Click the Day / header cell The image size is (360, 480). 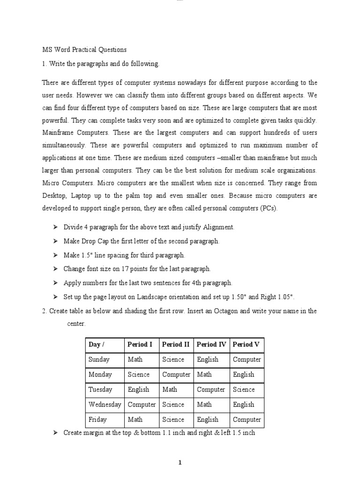tap(97, 345)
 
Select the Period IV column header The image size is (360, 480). tap(211, 345)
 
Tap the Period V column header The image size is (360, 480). tap(246, 345)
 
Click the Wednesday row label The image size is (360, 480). tap(105, 405)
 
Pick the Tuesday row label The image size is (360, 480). tap(100, 390)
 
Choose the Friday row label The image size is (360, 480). tap(97, 420)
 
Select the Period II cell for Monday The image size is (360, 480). tap(176, 375)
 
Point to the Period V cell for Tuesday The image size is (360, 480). tap(244, 390)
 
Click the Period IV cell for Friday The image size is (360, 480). tap(208, 420)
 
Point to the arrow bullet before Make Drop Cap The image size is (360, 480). tap(55, 241)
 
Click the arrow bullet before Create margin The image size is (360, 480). tap(55, 433)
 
